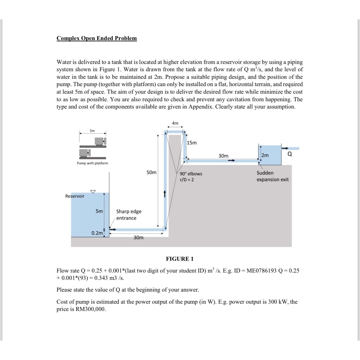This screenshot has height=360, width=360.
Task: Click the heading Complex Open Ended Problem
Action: tap(96, 38)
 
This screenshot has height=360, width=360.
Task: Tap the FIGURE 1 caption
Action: tap(180, 259)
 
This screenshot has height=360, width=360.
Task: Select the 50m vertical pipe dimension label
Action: tap(151, 172)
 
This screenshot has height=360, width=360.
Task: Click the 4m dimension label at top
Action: tap(175, 123)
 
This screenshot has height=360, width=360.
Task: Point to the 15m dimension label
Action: tap(192, 143)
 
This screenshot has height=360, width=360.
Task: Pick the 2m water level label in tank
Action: tap(265, 155)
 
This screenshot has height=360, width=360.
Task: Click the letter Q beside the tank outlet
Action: tap(290, 154)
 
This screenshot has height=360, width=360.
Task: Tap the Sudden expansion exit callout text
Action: tap(272, 176)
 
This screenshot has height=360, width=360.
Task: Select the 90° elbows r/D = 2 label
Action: tap(191, 177)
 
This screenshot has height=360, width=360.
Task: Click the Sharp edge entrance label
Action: tap(129, 215)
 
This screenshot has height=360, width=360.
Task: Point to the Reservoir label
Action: tap(75, 196)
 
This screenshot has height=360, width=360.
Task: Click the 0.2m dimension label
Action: tap(97, 233)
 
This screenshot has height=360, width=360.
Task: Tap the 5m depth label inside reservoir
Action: tap(99, 211)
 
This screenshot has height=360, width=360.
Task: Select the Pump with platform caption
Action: tap(93, 163)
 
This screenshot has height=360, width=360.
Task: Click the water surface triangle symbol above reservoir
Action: tap(93, 191)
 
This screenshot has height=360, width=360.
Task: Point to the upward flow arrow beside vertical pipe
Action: tap(165, 194)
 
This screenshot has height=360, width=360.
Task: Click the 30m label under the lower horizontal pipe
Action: tap(138, 238)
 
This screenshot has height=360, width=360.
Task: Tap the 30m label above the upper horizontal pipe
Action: tap(223, 156)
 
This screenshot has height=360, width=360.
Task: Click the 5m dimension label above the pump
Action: tap(92, 131)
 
